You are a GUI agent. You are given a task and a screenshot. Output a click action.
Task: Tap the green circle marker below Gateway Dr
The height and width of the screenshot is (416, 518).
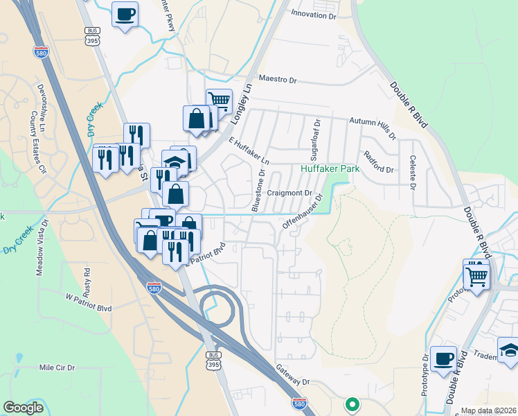coord(352,404)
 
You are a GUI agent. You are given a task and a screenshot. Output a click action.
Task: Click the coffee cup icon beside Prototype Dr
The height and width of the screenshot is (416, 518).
coord(443,359)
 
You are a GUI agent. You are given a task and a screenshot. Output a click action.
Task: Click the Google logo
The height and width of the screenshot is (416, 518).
coord(24,408)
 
